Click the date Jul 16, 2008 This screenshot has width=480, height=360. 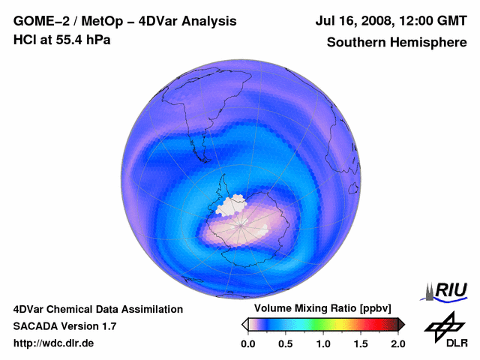[352, 22]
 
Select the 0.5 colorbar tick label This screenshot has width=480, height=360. [286, 343]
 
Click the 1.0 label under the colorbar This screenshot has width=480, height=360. [323, 343]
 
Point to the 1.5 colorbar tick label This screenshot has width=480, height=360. [361, 343]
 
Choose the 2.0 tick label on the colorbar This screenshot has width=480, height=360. [398, 343]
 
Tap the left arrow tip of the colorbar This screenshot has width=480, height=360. [244, 324]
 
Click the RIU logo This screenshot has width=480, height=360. [446, 291]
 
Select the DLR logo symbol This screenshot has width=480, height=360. [445, 325]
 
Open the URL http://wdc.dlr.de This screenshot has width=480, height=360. [54, 343]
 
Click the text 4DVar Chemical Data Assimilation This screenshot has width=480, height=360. [97, 309]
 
